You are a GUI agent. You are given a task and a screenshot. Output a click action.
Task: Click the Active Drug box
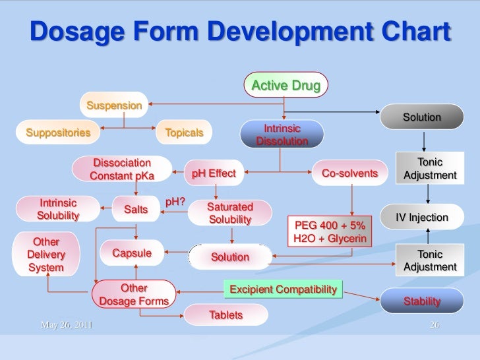[285, 86]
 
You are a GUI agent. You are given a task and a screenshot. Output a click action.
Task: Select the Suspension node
[115, 105]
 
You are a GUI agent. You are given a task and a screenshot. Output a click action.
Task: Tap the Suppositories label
[58, 133]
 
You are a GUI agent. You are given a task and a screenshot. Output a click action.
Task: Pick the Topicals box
[184, 133]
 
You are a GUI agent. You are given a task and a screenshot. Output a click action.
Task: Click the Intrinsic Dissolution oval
[282, 135]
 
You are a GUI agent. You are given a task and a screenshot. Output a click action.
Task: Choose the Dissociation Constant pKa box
[122, 169]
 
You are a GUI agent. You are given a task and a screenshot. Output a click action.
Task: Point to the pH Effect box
[213, 173]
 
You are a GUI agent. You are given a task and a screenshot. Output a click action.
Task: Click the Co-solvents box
[349, 173]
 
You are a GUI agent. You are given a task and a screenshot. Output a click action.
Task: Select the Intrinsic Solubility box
[58, 209]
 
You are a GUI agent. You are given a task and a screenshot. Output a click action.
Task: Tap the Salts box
[136, 210]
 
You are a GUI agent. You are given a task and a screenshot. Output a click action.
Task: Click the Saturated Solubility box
[229, 213]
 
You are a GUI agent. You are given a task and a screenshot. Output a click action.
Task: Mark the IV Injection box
[421, 218]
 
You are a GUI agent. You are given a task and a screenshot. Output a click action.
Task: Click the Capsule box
[132, 253]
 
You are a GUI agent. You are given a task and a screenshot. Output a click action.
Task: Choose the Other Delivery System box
[45, 255]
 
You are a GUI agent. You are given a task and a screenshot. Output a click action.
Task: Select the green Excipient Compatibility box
[284, 289]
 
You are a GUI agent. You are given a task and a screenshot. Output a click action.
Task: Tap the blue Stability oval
[421, 301]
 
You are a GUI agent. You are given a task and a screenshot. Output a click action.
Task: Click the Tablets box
[225, 315]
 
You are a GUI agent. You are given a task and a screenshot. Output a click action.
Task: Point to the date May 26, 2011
[66, 325]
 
